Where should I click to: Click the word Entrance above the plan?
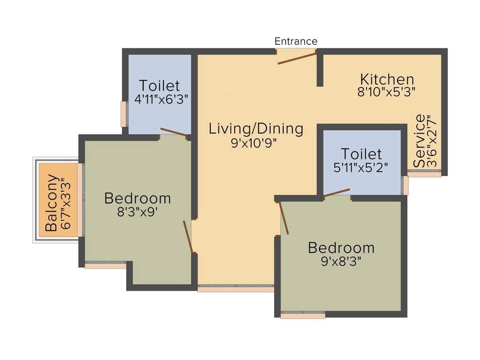click(x=296, y=41)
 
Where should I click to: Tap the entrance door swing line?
click(x=297, y=58)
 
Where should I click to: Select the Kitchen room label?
click(x=387, y=79)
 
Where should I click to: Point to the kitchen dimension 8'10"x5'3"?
click(x=387, y=91)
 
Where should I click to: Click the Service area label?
click(x=420, y=141)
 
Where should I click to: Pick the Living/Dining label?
click(x=256, y=128)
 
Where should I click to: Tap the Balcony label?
click(x=52, y=203)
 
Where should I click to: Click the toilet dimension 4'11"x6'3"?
click(x=159, y=99)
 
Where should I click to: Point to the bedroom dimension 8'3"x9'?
click(x=137, y=211)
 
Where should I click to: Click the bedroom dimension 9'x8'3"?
click(x=341, y=261)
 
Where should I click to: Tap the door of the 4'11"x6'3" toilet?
click(x=174, y=132)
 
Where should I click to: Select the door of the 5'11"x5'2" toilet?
click(x=337, y=193)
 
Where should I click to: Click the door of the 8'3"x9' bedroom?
click(x=187, y=236)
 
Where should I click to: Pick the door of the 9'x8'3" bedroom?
click(x=284, y=217)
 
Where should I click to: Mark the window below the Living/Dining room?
click(x=235, y=289)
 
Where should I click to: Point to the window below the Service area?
click(x=424, y=174)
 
